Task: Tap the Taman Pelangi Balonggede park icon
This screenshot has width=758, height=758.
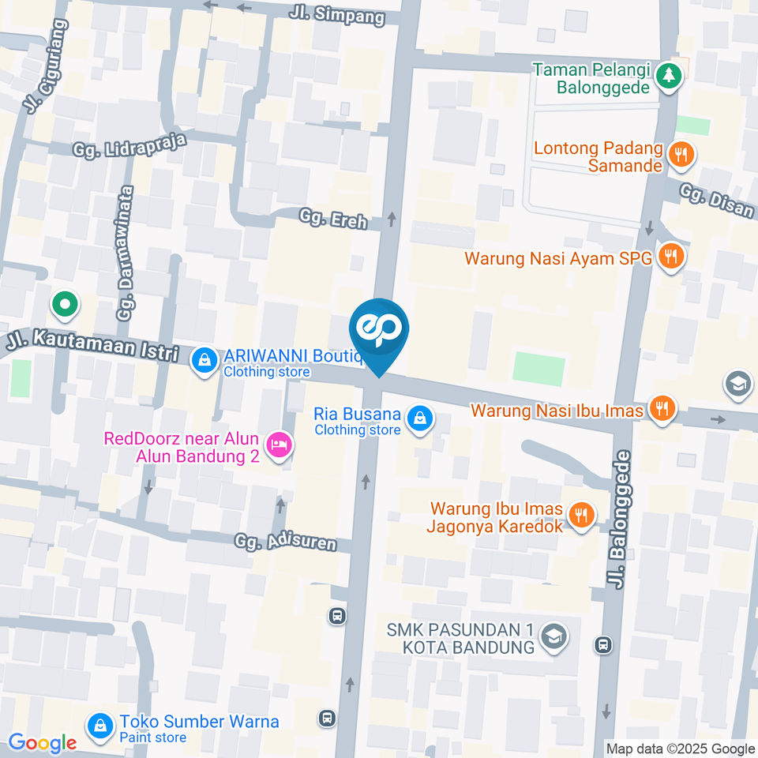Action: coord(669,76)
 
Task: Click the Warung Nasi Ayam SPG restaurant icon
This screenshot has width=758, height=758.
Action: coord(672,256)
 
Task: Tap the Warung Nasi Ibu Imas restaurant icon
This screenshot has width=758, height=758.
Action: coord(661,408)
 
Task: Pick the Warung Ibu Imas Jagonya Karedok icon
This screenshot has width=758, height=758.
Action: coord(581,516)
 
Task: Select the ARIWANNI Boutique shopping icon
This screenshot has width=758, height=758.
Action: coord(205,361)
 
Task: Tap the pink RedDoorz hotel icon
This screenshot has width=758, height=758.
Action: coord(279,446)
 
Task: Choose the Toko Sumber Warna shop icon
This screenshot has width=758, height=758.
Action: coord(100,726)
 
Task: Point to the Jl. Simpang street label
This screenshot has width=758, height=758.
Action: coord(336,15)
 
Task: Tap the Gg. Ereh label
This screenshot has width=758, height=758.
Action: coord(333,219)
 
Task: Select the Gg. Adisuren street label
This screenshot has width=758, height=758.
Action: coord(286,542)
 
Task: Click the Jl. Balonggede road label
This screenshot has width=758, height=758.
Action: coord(620,519)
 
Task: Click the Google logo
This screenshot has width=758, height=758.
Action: coord(43,743)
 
